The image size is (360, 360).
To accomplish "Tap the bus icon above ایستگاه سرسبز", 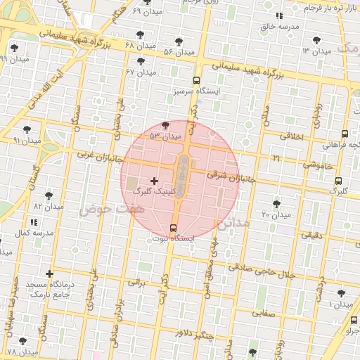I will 196,80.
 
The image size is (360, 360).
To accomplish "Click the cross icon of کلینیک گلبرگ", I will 155,181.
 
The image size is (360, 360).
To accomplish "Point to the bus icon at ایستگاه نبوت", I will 173,228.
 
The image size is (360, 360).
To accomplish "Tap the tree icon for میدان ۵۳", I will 165,125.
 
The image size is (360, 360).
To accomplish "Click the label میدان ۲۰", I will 276,214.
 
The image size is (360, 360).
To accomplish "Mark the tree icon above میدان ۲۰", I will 276,203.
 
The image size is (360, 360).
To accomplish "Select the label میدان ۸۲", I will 49,207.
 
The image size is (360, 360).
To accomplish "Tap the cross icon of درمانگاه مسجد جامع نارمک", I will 49,274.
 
